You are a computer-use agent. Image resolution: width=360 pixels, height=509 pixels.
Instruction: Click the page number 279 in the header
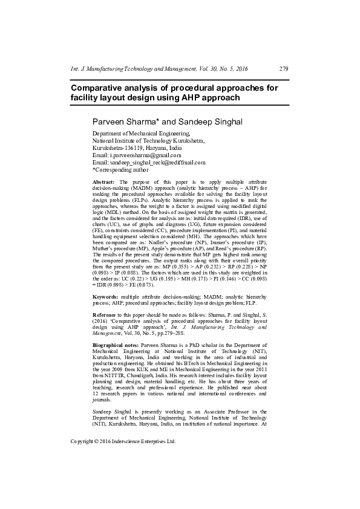[283, 68]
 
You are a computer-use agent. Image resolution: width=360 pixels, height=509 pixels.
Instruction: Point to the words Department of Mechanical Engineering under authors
[140, 133]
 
